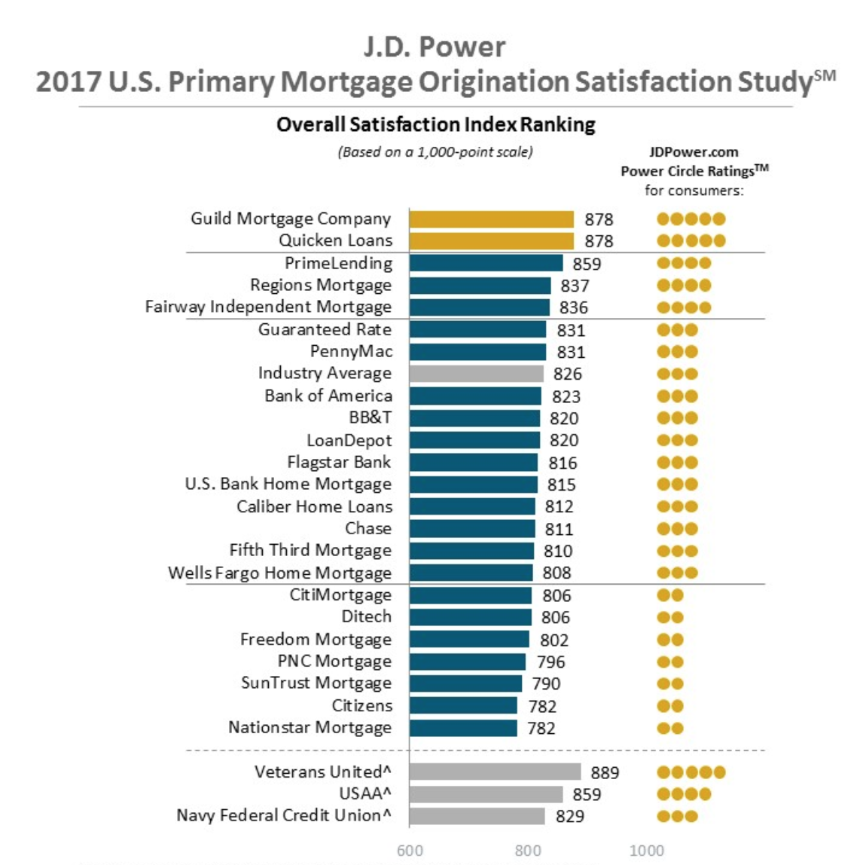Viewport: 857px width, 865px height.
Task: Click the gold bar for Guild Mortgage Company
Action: tap(491, 219)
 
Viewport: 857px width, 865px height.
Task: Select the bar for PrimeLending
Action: tap(486, 263)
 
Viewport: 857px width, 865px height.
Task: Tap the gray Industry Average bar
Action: tap(476, 374)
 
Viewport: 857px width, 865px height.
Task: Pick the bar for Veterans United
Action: tap(495, 772)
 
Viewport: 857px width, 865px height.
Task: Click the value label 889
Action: tap(605, 772)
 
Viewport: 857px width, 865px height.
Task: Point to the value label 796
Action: tap(550, 662)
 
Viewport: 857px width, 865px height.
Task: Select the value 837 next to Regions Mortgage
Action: tap(575, 286)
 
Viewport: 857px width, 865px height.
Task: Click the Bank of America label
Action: tap(328, 396)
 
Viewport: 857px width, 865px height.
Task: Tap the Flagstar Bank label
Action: tap(339, 462)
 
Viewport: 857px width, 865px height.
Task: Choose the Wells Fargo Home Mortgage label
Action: tap(279, 573)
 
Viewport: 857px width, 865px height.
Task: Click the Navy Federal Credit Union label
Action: tap(283, 815)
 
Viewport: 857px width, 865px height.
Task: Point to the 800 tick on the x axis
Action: tap(528, 851)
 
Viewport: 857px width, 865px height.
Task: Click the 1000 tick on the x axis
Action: tap(647, 851)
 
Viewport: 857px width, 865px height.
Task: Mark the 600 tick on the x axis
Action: tap(410, 851)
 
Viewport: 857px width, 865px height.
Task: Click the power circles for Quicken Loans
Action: tap(691, 241)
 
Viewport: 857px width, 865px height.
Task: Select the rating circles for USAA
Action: tap(684, 794)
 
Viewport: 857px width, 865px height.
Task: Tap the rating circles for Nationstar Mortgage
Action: tap(670, 729)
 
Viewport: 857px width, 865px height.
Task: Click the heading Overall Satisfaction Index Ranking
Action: tap(435, 124)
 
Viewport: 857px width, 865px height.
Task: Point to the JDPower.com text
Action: tap(694, 151)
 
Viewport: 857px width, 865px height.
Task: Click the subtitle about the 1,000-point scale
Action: tap(435, 152)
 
